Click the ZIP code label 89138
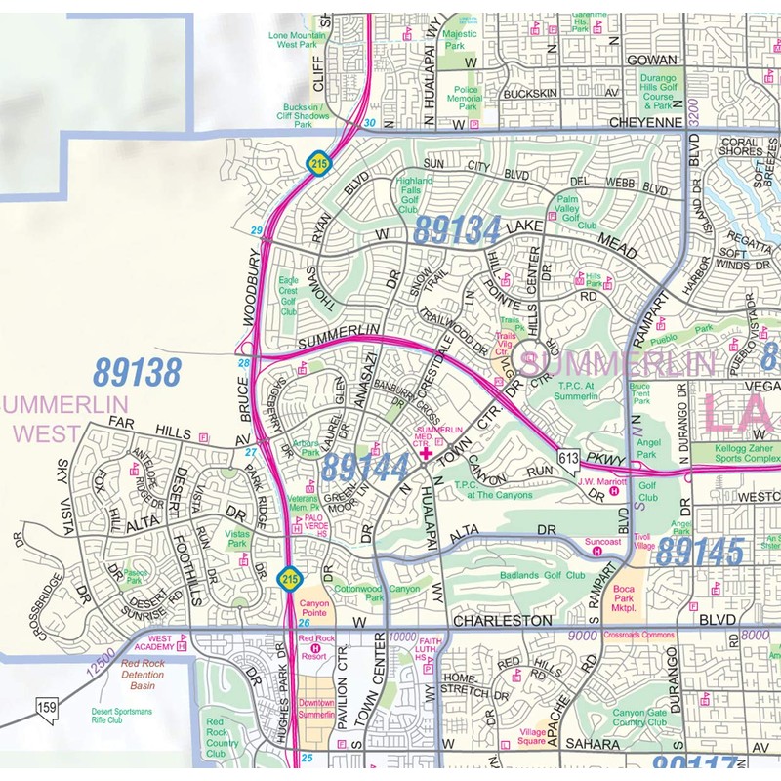[137, 372]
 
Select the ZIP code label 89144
[365, 467]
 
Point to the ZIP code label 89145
[699, 552]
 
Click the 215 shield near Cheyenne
[319, 161]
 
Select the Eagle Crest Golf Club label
[289, 296]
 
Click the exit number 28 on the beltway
[243, 363]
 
